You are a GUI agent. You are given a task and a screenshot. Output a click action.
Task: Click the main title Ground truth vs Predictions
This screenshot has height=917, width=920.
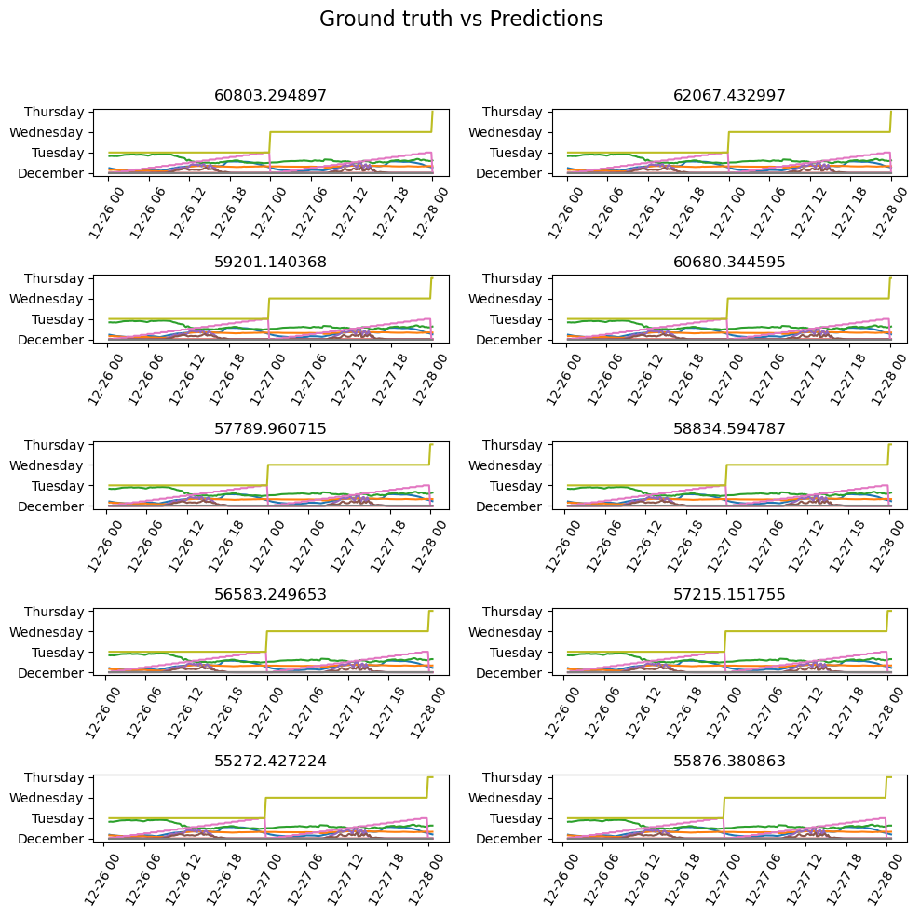[x=461, y=20]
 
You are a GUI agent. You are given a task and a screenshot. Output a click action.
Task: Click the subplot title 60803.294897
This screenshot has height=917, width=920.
[x=271, y=96]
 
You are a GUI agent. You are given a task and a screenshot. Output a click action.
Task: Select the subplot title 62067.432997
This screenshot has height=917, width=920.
[x=729, y=96]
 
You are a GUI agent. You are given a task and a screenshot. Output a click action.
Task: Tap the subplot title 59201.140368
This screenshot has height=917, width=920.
[x=271, y=263]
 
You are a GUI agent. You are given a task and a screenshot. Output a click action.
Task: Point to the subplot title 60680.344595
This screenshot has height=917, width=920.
[x=729, y=263]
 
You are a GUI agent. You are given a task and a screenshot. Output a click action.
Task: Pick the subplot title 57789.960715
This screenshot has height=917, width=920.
[x=271, y=429]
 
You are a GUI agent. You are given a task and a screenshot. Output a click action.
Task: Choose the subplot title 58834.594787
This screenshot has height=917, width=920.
[x=729, y=429]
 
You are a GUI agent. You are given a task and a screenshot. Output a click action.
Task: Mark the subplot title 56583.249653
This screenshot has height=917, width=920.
[x=271, y=595]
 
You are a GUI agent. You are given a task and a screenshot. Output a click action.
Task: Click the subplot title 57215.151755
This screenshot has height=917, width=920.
[x=729, y=595]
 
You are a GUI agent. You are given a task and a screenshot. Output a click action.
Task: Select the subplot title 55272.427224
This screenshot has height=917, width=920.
[x=271, y=762]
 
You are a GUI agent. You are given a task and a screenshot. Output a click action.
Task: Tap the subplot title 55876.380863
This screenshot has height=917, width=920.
[x=729, y=762]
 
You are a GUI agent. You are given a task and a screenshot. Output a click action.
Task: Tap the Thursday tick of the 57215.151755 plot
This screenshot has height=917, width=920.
[x=511, y=612]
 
